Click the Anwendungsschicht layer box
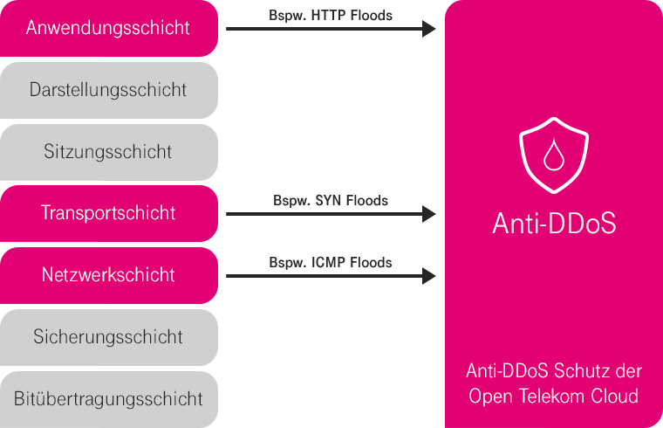point(108,28)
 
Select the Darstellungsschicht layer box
point(108,90)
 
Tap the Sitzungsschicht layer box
point(108,152)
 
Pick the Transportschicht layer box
point(108,213)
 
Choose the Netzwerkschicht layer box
point(108,275)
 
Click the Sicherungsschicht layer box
point(108,337)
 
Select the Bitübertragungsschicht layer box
point(108,399)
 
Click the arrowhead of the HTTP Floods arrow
point(428,29)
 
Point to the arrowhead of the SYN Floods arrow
point(428,214)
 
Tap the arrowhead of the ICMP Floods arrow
point(428,276)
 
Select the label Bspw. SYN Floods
point(330,200)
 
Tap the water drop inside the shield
point(553,158)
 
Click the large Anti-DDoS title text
point(553,224)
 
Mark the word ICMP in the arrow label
point(325,262)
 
